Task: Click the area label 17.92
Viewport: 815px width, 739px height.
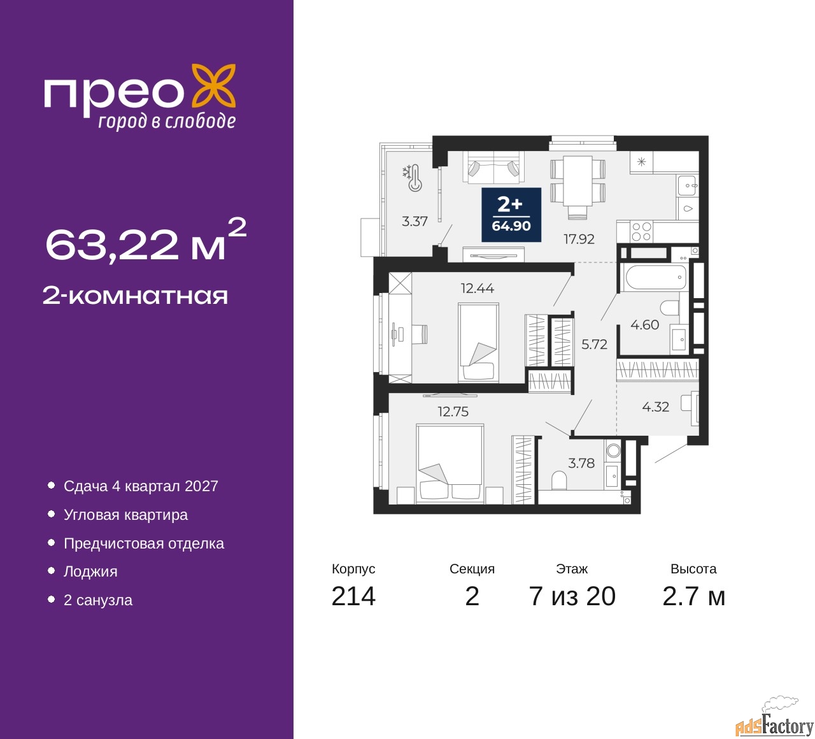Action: click(579, 240)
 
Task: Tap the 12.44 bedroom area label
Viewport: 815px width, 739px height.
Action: click(478, 289)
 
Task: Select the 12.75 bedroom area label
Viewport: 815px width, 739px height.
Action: click(453, 412)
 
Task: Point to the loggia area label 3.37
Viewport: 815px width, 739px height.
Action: click(415, 222)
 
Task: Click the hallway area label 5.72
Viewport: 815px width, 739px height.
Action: click(594, 345)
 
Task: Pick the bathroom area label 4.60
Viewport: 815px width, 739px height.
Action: click(644, 325)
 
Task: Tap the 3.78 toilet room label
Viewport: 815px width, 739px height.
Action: click(581, 464)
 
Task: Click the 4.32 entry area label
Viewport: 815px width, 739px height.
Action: click(655, 407)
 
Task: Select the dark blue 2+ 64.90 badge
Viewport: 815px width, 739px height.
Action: click(511, 215)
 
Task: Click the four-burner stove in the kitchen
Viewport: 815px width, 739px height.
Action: click(641, 232)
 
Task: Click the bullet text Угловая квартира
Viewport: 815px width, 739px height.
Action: click(125, 515)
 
